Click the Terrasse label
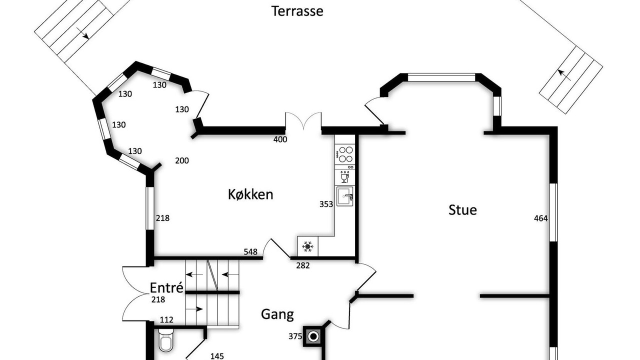click(x=297, y=11)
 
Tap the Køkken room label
click(x=250, y=194)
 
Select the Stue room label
click(x=462, y=210)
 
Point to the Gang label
click(x=277, y=314)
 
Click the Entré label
click(x=166, y=287)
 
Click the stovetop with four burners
click(x=345, y=154)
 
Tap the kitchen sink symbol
click(x=345, y=196)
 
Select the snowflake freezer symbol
click(x=307, y=246)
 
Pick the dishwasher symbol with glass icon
click(x=345, y=176)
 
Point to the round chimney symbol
click(x=313, y=336)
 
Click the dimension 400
click(x=280, y=139)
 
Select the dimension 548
click(x=250, y=251)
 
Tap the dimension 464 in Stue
click(x=541, y=218)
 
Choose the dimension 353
click(x=326, y=204)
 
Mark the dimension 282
click(x=303, y=265)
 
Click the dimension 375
click(x=295, y=336)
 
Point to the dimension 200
click(x=182, y=161)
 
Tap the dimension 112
click(x=166, y=319)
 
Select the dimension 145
click(x=217, y=356)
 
